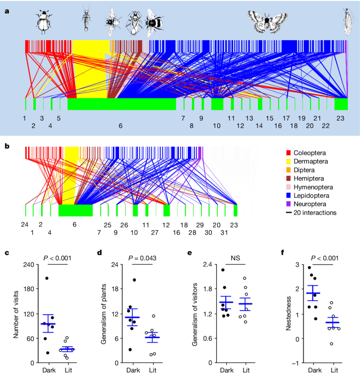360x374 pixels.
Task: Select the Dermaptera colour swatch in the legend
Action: [x=289, y=161]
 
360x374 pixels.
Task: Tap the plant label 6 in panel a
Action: [x=121, y=126]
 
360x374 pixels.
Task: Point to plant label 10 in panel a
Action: [x=217, y=126]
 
